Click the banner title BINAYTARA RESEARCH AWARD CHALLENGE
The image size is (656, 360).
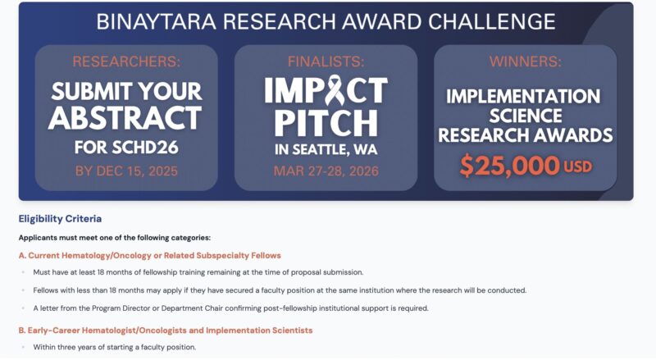coord(326,22)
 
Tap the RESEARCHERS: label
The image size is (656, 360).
coord(126,62)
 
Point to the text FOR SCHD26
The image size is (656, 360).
coord(126,148)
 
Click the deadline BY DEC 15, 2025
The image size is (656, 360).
coord(126,171)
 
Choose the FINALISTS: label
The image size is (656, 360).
coord(326,62)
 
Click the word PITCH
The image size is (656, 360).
coord(326,122)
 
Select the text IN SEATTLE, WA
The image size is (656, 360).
coord(326,150)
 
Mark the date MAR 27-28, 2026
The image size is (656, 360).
coord(326,171)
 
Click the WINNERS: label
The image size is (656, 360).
coord(525,62)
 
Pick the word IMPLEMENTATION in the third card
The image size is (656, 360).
coord(525,97)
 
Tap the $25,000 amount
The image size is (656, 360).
coord(509,166)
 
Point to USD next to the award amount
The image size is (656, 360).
coord(577,167)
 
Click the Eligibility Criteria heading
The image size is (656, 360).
coord(60,219)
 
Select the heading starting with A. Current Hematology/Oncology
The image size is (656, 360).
coord(149,255)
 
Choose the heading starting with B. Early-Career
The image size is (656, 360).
coord(166,330)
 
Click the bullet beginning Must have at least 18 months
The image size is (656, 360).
coord(198,272)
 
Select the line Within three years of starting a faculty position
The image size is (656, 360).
coord(114,347)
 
